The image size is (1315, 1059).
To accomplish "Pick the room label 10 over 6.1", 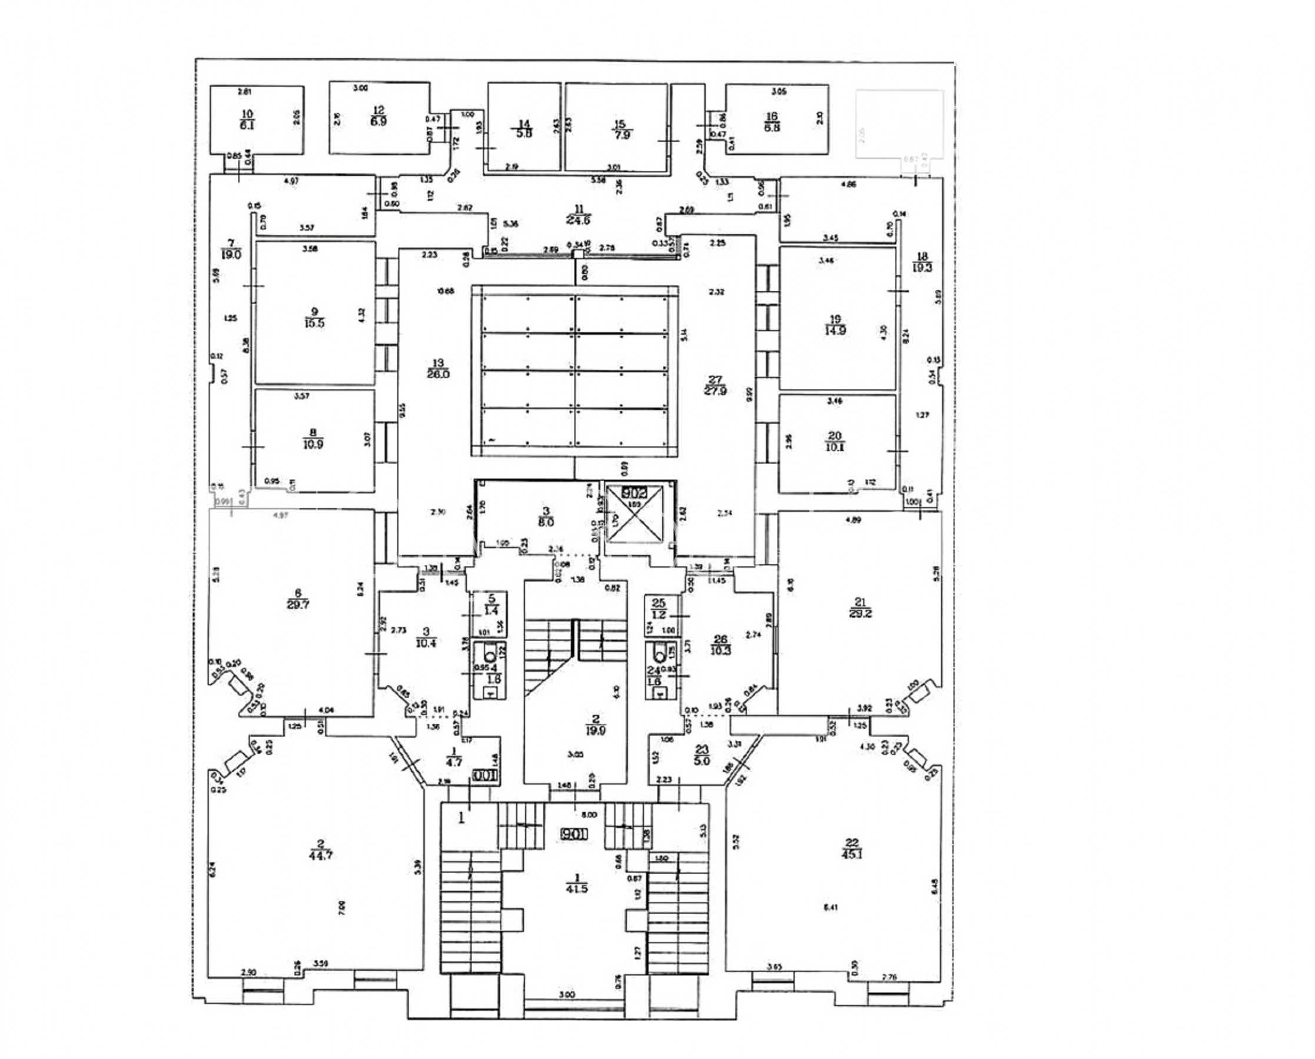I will point(247,119).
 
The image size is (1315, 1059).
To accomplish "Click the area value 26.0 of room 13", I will point(438,375).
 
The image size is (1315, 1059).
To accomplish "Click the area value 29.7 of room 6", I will point(297,605).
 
